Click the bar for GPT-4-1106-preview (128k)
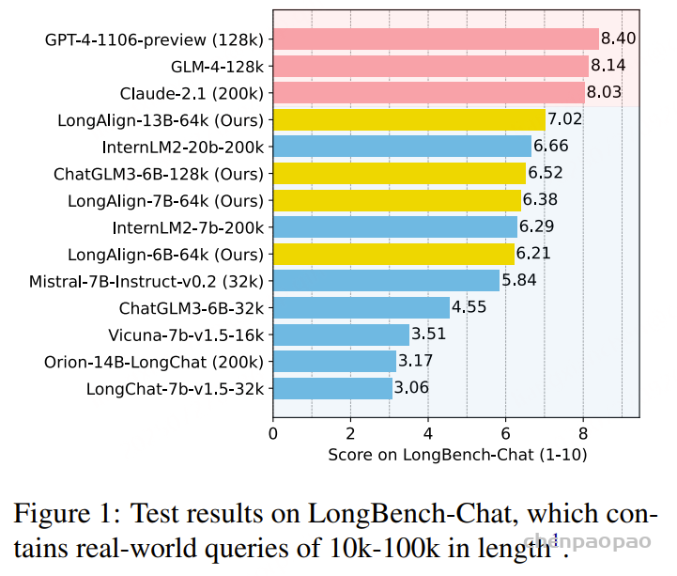click(x=436, y=39)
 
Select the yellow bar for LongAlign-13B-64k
click(x=409, y=119)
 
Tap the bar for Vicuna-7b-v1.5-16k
click(x=341, y=335)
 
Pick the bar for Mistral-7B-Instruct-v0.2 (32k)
click(x=387, y=281)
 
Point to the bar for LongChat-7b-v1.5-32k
click(x=332, y=388)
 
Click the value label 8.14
click(x=608, y=66)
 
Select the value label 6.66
click(x=550, y=146)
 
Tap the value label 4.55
click(x=469, y=307)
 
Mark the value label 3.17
click(x=415, y=361)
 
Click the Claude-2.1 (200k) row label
click(x=192, y=94)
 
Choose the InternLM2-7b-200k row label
click(x=188, y=227)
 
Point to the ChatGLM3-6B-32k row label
click(x=192, y=308)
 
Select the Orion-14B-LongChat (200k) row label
click(x=154, y=362)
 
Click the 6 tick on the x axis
click(x=505, y=433)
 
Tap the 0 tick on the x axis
click(x=273, y=433)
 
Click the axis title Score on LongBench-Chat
click(x=431, y=455)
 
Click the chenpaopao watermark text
click(x=587, y=541)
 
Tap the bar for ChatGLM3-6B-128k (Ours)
click(x=399, y=173)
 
